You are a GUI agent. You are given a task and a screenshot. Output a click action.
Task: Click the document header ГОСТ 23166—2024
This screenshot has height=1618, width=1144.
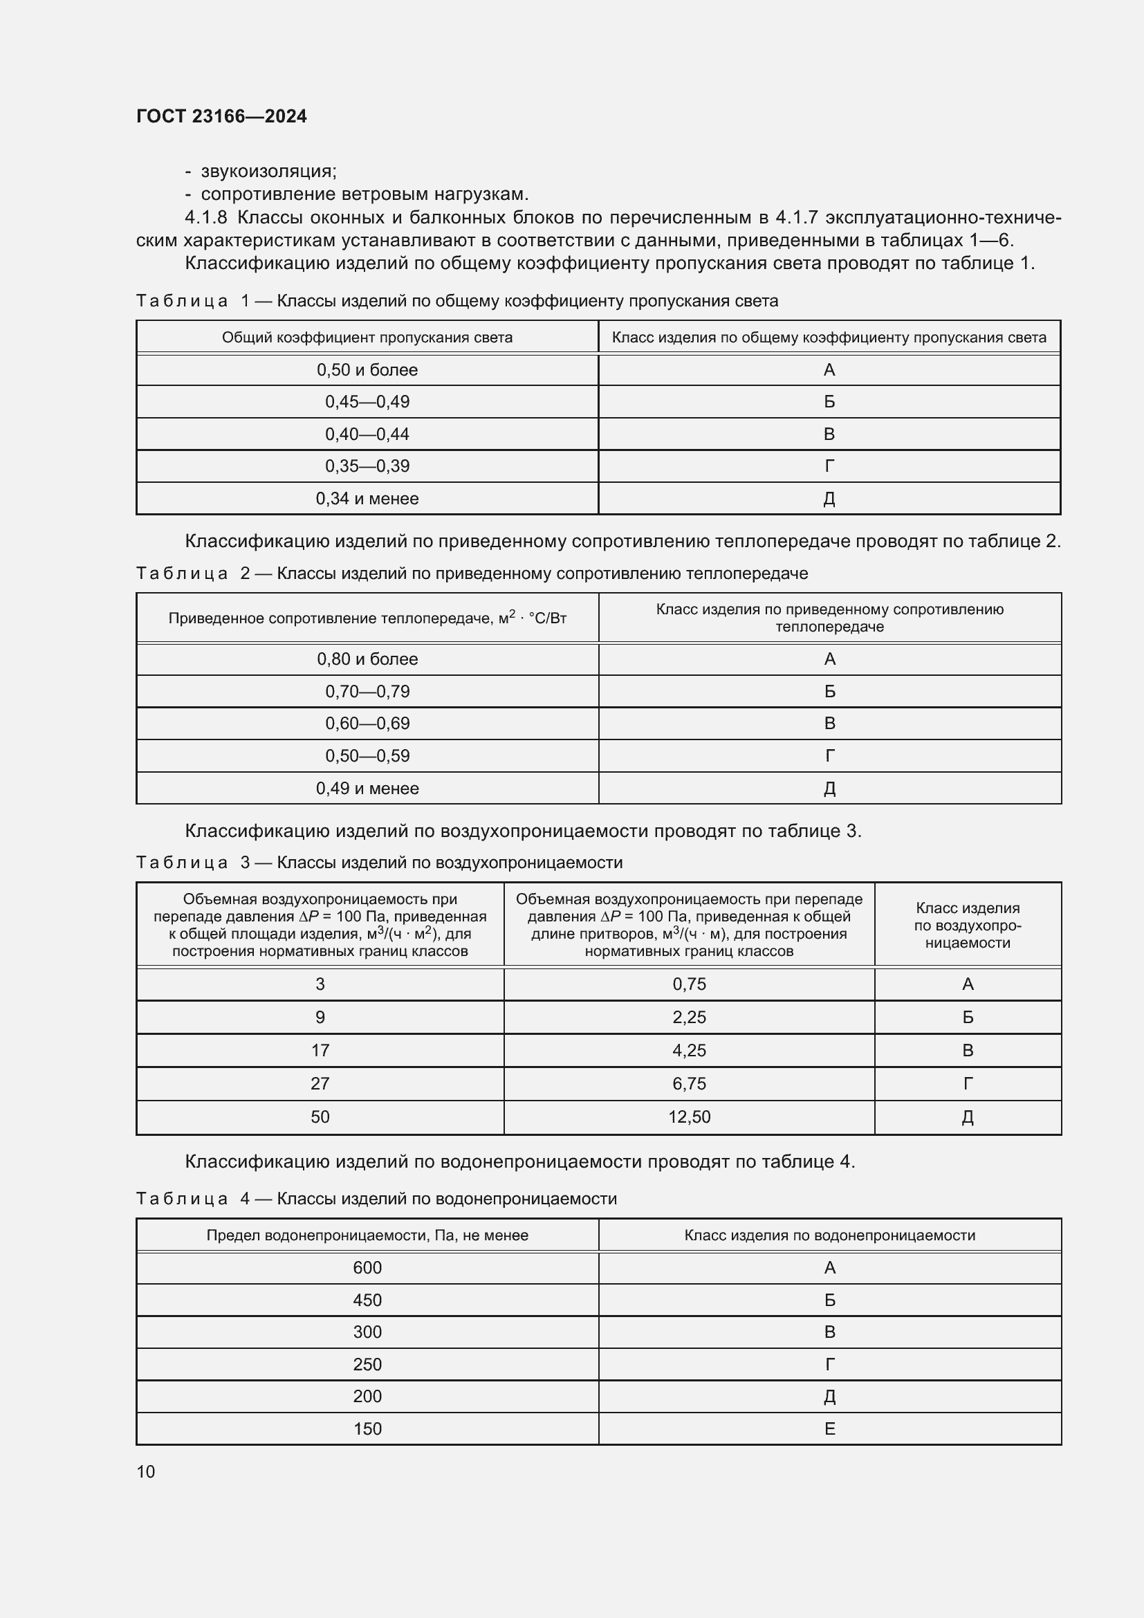click(x=221, y=116)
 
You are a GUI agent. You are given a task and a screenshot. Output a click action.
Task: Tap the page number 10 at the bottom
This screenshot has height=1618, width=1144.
click(x=146, y=1471)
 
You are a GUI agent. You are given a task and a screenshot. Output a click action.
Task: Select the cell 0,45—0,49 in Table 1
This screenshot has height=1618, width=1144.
click(x=367, y=402)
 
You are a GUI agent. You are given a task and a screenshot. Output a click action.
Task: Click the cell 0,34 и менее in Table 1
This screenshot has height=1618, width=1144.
click(x=367, y=498)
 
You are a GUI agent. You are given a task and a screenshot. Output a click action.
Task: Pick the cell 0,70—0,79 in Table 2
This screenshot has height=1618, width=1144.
click(x=367, y=691)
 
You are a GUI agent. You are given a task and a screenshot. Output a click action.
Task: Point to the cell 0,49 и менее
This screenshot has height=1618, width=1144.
click(x=367, y=788)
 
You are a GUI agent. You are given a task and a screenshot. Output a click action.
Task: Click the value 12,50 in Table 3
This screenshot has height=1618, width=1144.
click(x=689, y=1117)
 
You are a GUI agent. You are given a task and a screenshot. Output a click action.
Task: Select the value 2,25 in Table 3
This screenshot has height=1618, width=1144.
click(x=689, y=1018)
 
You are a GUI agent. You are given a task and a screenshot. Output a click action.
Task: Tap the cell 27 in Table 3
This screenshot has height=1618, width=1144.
click(x=320, y=1084)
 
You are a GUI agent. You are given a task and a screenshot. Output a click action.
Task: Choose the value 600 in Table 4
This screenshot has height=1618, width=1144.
click(x=367, y=1268)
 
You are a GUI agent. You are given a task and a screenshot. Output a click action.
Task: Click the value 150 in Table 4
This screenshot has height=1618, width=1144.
click(x=367, y=1428)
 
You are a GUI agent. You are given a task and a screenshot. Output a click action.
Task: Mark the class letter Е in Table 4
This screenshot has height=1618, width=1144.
click(x=830, y=1428)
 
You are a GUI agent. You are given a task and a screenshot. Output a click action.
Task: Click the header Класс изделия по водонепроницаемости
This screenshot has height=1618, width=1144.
click(x=830, y=1235)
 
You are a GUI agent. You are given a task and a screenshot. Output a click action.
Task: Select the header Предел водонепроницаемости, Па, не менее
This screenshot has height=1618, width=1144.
click(x=367, y=1235)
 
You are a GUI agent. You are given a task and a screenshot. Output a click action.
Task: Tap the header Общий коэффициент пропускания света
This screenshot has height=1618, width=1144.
click(x=367, y=338)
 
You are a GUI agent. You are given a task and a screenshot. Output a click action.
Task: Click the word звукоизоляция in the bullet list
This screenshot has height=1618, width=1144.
click(x=268, y=172)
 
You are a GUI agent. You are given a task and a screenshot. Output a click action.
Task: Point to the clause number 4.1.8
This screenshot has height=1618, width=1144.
click(x=205, y=217)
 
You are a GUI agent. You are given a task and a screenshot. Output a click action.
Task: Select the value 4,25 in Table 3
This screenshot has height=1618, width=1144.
click(x=689, y=1051)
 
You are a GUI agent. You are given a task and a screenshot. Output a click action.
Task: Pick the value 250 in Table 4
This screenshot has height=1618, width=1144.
click(x=367, y=1364)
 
